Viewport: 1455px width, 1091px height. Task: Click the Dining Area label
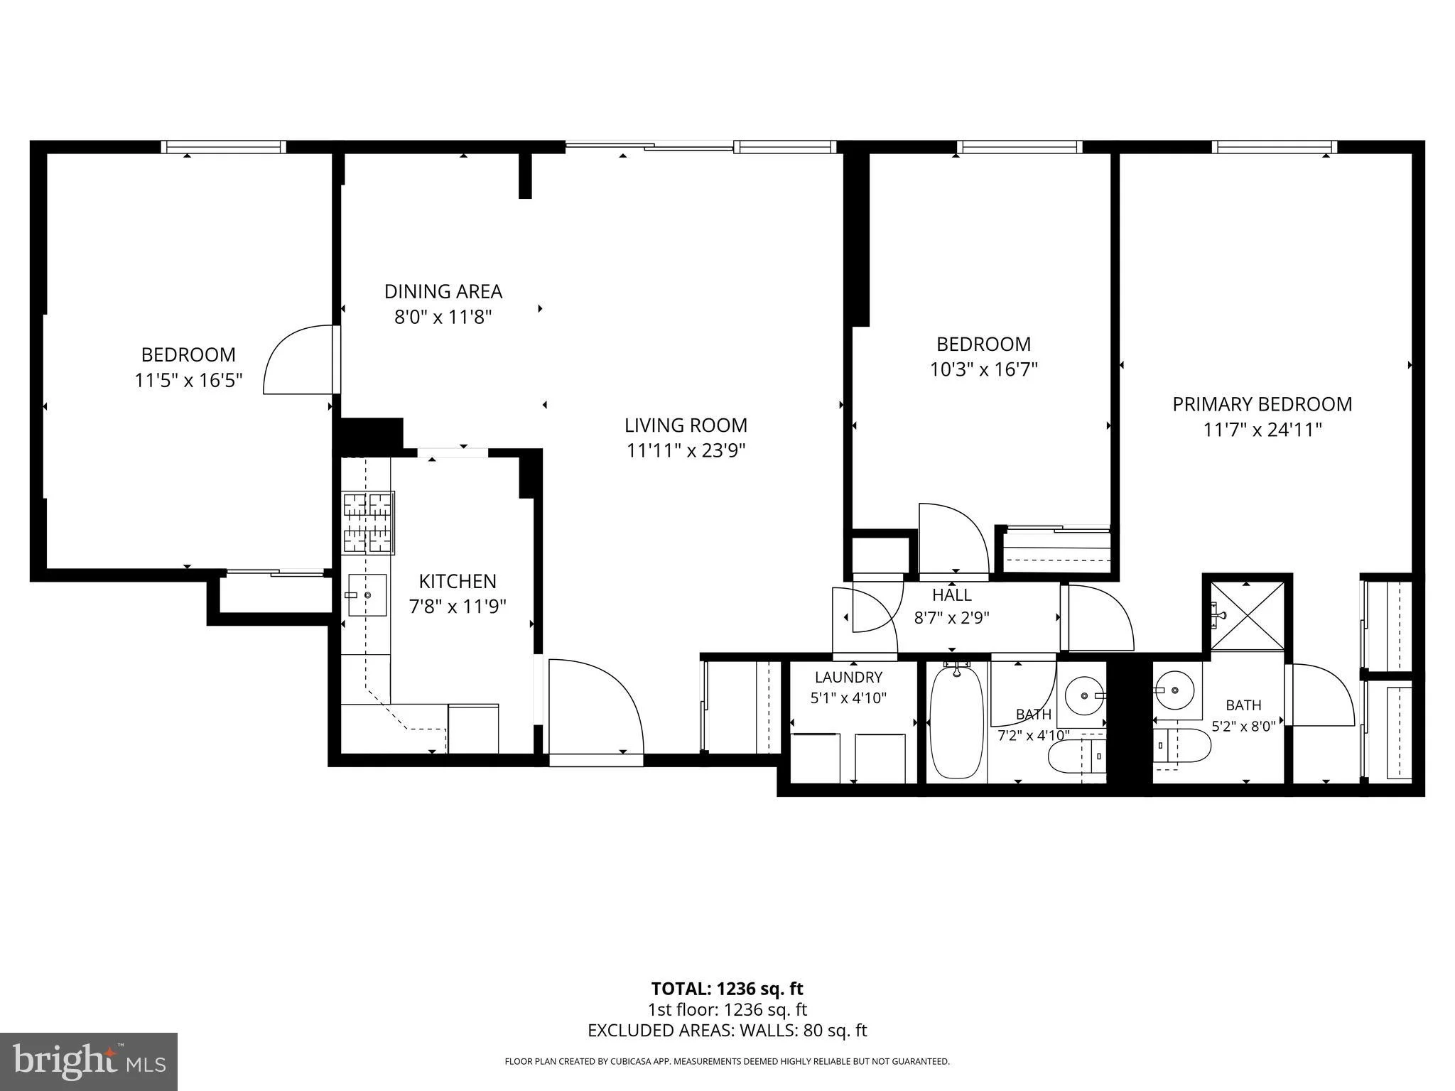pyautogui.click(x=443, y=291)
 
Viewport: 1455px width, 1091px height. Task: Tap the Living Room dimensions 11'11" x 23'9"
pyautogui.click(x=686, y=450)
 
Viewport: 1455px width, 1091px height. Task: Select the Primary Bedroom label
pyautogui.click(x=1262, y=404)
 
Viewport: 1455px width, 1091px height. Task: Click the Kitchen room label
pyautogui.click(x=458, y=581)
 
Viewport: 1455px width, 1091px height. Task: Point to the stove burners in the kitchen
pyautogui.click(x=369, y=523)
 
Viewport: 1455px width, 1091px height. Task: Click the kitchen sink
pyautogui.click(x=367, y=595)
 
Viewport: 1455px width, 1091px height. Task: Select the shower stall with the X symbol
pyautogui.click(x=1248, y=615)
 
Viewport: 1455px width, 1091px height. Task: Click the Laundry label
pyautogui.click(x=848, y=677)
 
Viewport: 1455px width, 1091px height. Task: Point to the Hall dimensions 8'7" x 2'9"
pyautogui.click(x=951, y=617)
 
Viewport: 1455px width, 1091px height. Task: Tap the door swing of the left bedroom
pyautogui.click(x=298, y=359)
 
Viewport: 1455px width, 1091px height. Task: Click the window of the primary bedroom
pyautogui.click(x=1275, y=147)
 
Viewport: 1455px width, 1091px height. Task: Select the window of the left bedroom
pyautogui.click(x=223, y=147)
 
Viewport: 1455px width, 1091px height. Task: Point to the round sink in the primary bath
pyautogui.click(x=1174, y=690)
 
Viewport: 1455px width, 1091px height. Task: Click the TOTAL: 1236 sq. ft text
pyautogui.click(x=727, y=989)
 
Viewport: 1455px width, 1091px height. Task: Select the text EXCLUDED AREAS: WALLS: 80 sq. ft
pyautogui.click(x=727, y=1031)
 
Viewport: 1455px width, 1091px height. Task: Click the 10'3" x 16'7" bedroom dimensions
pyautogui.click(x=984, y=369)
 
